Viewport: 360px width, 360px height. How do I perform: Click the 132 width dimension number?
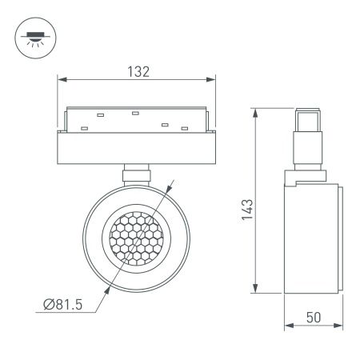(x=138, y=70)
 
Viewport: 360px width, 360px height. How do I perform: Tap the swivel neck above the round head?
(x=136, y=174)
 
